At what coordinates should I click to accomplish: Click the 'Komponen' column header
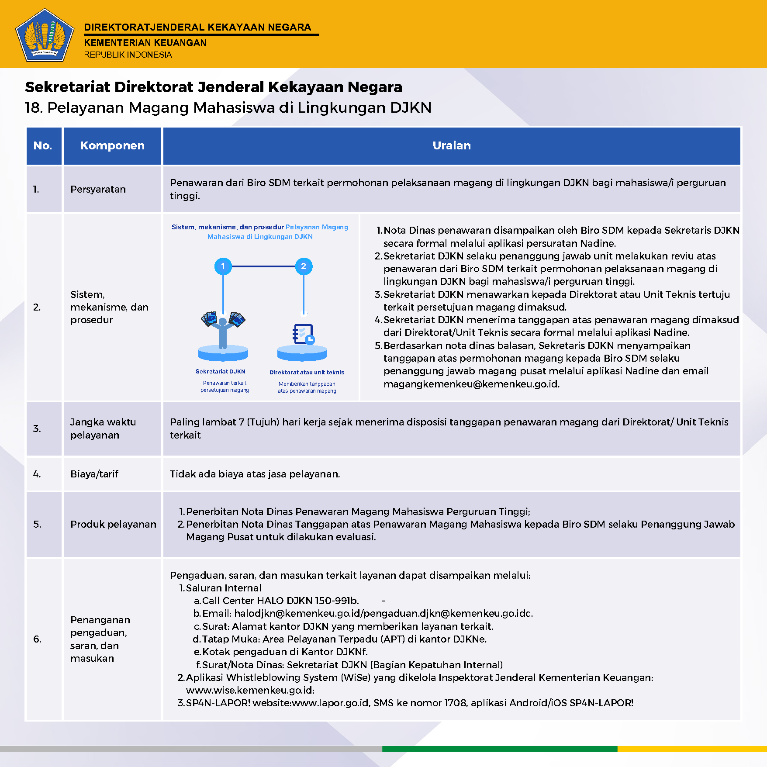112,146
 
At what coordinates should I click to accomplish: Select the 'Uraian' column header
452,146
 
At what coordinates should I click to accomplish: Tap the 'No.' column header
43,146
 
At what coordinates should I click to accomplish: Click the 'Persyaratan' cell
98,190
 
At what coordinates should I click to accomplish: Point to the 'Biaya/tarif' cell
94,474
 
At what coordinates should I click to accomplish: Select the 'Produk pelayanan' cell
113,524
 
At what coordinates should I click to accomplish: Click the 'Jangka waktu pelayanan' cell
103,428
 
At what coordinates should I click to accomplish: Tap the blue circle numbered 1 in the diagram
223,266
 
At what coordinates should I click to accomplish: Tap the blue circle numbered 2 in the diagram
304,266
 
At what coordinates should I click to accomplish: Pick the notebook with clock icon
303,335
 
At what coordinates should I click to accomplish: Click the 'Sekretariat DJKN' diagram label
221,372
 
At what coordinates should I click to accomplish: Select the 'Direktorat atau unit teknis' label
307,373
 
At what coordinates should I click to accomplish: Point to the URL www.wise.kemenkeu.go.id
249,690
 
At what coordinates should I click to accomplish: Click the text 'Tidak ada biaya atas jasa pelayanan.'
255,474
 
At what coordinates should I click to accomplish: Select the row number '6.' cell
38,639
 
